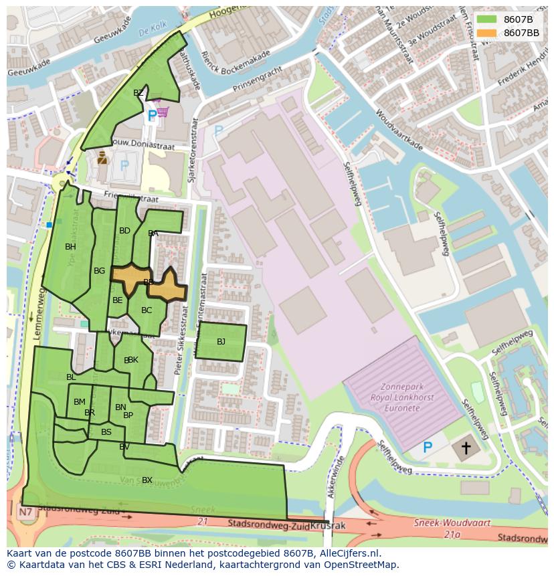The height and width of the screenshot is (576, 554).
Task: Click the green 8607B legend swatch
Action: pyautogui.click(x=486, y=19)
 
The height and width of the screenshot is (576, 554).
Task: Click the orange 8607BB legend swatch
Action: pyautogui.click(x=486, y=33)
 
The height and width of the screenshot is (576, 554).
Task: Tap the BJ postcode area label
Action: pyautogui.click(x=221, y=342)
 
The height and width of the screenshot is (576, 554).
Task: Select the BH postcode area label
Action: pyautogui.click(x=70, y=247)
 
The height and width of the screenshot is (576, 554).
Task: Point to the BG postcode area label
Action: pyautogui.click(x=99, y=271)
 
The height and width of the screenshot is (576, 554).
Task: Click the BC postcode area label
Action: pyautogui.click(x=147, y=310)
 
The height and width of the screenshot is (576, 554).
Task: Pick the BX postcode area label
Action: pyautogui.click(x=147, y=480)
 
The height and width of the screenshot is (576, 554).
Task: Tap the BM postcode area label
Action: pyautogui.click(x=80, y=402)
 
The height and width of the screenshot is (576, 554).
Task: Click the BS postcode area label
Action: pyautogui.click(x=106, y=432)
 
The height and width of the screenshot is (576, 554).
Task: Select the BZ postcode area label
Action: pyautogui.click(x=138, y=93)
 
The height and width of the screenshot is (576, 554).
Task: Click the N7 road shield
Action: pyautogui.click(x=25, y=512)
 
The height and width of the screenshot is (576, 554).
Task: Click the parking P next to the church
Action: pyautogui.click(x=428, y=447)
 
